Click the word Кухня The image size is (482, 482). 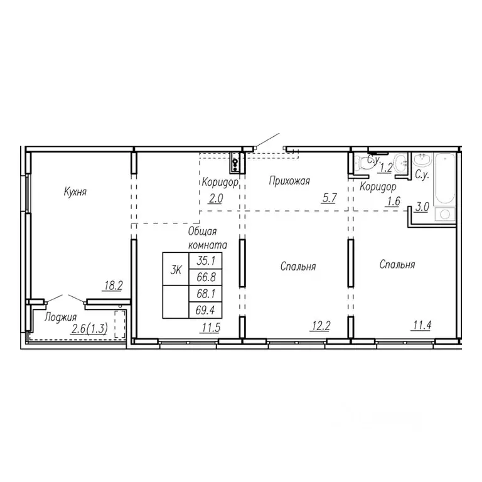(x=75, y=192)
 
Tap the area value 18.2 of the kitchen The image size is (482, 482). (x=112, y=286)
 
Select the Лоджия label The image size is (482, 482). (x=61, y=317)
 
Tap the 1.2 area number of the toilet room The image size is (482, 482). (x=387, y=168)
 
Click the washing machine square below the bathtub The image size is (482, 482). (x=446, y=215)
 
